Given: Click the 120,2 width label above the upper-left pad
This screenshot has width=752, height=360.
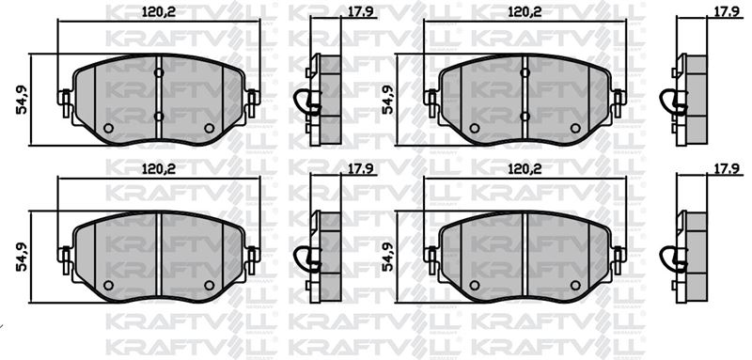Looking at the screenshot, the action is (159, 13).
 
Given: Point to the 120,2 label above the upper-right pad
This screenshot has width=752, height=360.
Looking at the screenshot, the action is (525, 13).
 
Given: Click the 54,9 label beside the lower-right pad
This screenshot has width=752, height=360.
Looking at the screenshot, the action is (388, 257).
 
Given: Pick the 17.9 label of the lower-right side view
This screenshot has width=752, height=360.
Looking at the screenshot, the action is (726, 169).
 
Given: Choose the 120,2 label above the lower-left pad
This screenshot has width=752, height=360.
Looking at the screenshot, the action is (159, 169).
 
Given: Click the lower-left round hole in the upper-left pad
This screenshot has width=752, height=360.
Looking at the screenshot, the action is (108, 128).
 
